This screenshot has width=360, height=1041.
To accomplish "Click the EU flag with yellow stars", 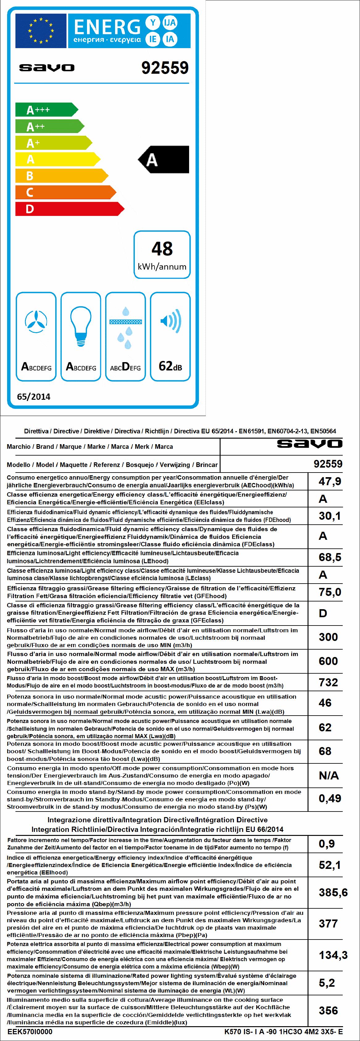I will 41,30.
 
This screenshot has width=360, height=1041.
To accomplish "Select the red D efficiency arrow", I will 69,209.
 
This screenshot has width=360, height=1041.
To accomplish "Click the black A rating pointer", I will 163,160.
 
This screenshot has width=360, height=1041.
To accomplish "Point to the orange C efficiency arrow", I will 65,192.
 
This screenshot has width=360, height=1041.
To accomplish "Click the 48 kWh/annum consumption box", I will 162,254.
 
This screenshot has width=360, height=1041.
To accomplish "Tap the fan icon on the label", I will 36,322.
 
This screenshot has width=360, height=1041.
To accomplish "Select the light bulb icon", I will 81,326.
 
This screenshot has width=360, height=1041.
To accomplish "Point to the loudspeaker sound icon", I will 170,322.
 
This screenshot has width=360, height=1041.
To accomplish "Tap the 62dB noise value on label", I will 170,366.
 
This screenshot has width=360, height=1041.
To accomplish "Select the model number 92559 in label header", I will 165,68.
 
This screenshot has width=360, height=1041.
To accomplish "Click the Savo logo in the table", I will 309,444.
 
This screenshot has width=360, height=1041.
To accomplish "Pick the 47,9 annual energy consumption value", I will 330,481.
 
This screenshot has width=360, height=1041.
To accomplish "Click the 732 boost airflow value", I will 328,682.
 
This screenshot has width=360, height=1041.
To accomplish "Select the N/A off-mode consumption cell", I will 329,775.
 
